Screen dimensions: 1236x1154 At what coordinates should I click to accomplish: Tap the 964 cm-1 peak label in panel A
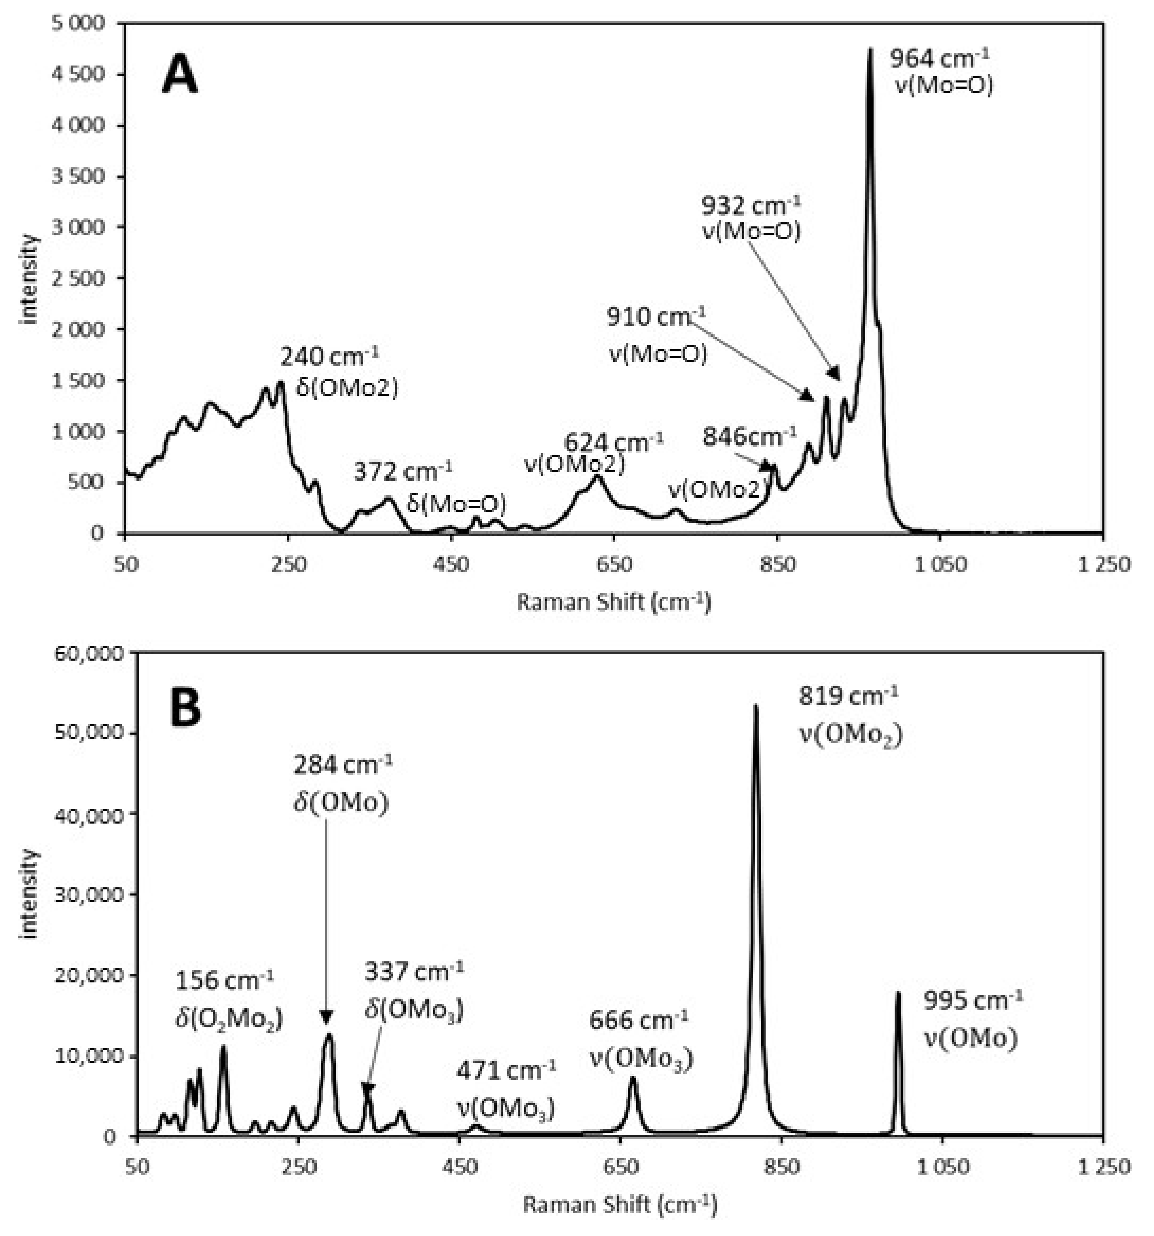939,59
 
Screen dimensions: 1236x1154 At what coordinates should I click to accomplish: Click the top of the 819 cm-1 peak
755,706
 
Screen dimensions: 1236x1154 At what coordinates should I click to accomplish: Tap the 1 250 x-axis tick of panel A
1102,565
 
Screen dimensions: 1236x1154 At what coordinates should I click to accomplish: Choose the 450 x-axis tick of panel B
458,1167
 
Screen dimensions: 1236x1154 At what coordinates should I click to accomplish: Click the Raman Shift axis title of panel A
613,602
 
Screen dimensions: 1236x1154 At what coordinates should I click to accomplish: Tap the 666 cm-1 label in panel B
639,1020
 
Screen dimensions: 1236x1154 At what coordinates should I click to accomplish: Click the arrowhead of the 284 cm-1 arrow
326,1018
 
